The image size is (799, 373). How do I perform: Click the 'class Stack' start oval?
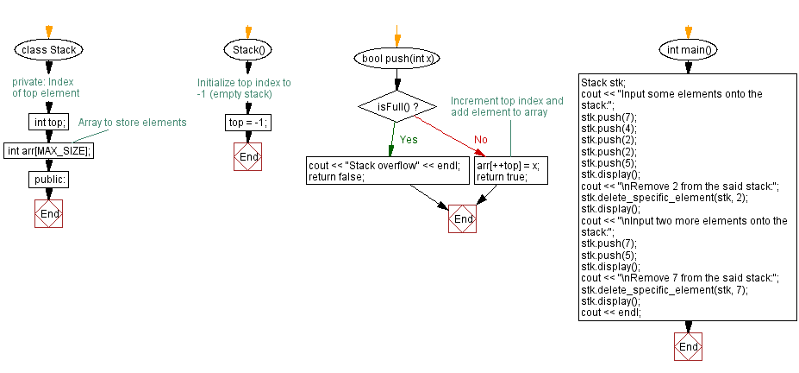(49, 49)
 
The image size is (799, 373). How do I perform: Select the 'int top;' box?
(48, 123)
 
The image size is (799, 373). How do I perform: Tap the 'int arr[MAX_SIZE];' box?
(49, 150)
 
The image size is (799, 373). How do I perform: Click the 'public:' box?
(49, 180)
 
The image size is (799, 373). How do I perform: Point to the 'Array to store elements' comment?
(132, 123)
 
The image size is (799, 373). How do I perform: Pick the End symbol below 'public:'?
(49, 213)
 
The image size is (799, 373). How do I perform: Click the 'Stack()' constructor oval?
(247, 49)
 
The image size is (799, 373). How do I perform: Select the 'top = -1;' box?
(247, 123)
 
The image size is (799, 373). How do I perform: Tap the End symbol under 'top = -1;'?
(248, 157)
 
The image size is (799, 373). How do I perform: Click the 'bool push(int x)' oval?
(396, 59)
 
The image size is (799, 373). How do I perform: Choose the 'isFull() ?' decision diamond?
(397, 106)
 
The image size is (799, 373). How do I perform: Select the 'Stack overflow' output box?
(388, 171)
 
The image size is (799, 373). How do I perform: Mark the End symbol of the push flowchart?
(463, 219)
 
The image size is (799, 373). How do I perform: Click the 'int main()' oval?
(689, 49)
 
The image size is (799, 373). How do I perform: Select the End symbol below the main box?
(689, 346)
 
